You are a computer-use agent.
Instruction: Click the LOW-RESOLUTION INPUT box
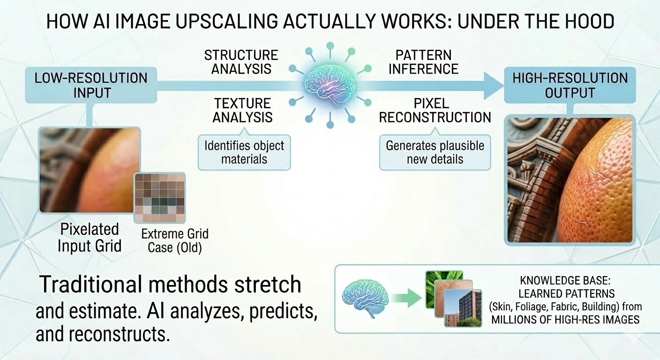click(x=90, y=85)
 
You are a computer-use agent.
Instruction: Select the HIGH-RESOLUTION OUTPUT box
click(x=570, y=85)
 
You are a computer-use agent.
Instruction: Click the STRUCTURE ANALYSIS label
click(x=241, y=62)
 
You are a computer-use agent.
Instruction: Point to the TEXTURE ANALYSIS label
click(x=242, y=110)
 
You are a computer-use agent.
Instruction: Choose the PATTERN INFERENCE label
click(x=423, y=62)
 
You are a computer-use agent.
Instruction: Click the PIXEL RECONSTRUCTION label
click(x=435, y=110)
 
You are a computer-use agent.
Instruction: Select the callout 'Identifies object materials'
click(x=244, y=152)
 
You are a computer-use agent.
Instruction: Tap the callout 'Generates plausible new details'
click(x=435, y=152)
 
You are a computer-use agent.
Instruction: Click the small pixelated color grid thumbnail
click(x=159, y=197)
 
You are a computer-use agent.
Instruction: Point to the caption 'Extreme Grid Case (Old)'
click(x=175, y=240)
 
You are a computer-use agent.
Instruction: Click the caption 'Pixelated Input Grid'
click(x=89, y=237)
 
